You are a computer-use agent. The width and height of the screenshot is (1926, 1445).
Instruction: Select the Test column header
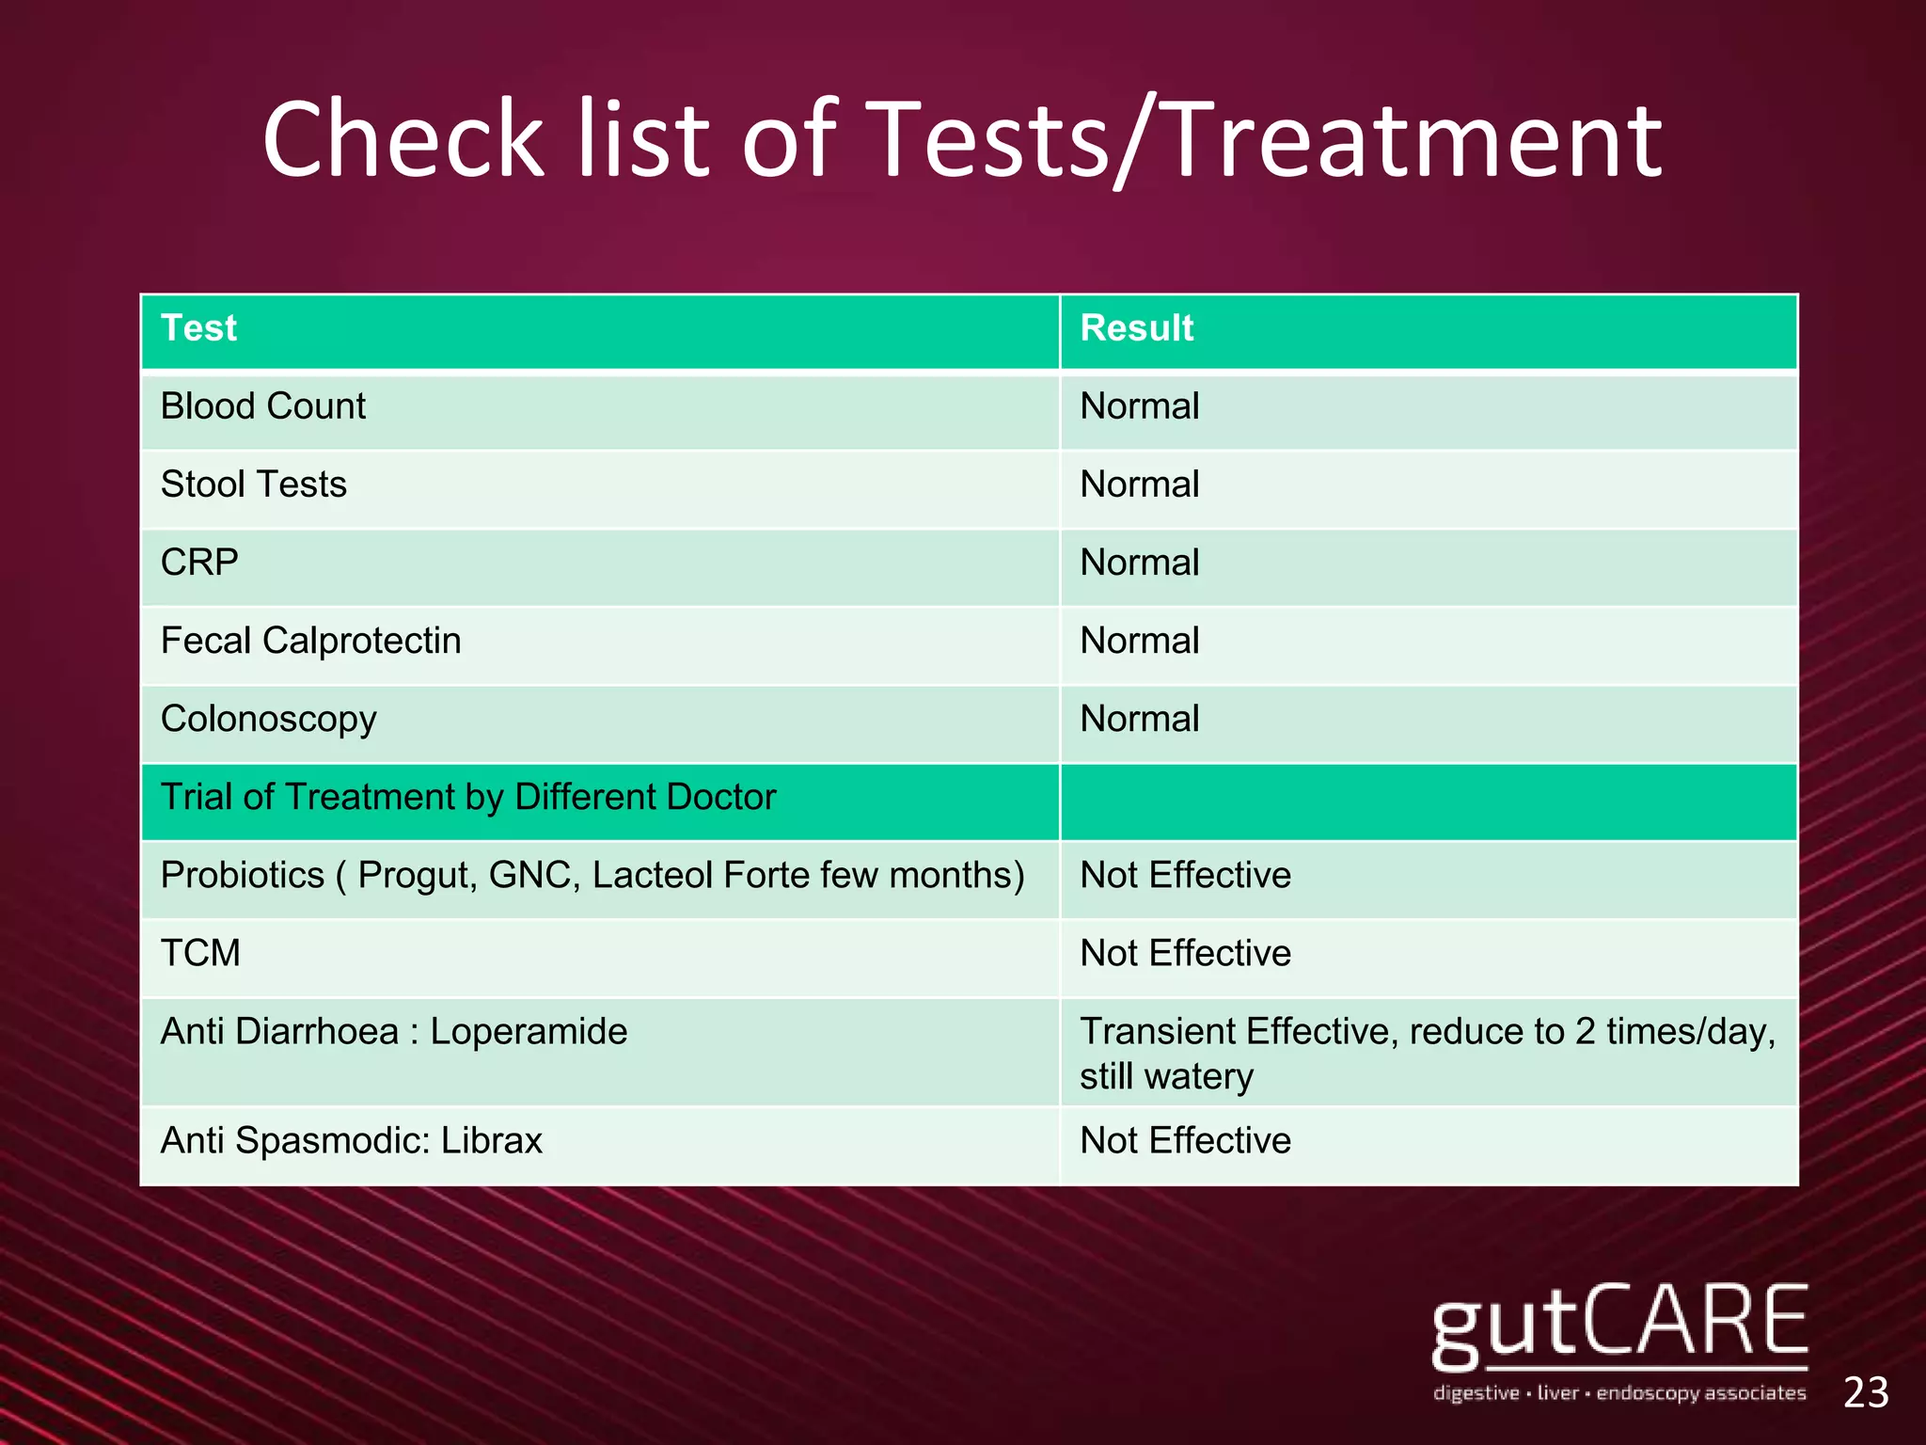click(x=198, y=328)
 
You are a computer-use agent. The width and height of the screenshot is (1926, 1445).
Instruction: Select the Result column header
click(x=1136, y=328)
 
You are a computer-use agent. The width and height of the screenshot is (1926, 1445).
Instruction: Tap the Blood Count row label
click(x=262, y=406)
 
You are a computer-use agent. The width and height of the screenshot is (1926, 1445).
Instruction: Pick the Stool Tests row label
click(x=253, y=484)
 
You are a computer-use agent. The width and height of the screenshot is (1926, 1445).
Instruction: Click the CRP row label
click(x=199, y=563)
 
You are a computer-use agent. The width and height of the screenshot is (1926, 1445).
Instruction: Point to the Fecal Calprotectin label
click(x=310, y=641)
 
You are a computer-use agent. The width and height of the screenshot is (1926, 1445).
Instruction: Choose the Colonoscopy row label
click(x=268, y=720)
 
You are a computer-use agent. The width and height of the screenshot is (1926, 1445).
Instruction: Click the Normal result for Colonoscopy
click(x=1139, y=719)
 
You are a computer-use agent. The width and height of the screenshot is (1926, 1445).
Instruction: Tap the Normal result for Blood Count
click(x=1139, y=406)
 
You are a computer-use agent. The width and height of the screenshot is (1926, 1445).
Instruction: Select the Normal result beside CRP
click(x=1139, y=563)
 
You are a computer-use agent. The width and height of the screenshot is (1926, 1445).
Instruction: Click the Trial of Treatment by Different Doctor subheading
click(x=468, y=797)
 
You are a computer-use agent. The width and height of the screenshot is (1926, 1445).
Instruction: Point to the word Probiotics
click(x=242, y=875)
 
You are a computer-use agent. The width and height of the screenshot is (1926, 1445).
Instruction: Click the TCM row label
click(x=200, y=953)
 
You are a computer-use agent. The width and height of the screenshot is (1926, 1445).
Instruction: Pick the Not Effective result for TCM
click(x=1185, y=953)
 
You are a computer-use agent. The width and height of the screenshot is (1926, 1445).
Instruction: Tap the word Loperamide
click(x=529, y=1031)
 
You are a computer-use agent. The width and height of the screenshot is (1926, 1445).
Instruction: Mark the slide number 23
click(x=1866, y=1392)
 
